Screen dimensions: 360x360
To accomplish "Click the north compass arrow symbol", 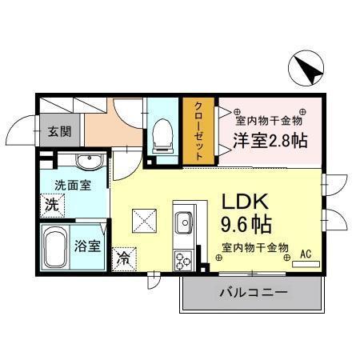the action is tap(306, 68).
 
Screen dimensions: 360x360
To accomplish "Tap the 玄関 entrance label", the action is tap(59, 131).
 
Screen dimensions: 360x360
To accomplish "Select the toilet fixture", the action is tap(162, 136).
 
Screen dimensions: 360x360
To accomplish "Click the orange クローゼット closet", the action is tap(198, 131).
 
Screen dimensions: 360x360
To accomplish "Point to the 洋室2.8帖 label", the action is tap(270, 141).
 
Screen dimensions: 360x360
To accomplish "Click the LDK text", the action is tap(245, 202).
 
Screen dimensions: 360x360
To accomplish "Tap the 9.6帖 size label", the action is tap(246, 225).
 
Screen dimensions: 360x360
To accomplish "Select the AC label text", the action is tap(306, 254).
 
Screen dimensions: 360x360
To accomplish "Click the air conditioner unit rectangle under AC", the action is tap(306, 264).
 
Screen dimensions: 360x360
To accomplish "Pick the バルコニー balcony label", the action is tap(254, 293).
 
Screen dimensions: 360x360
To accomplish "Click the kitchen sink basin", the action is tap(183, 222).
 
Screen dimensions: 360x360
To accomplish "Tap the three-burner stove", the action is tap(183, 261).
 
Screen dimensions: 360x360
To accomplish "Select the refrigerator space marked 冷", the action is tap(124, 259).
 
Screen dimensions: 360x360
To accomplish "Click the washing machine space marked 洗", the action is tap(52, 205).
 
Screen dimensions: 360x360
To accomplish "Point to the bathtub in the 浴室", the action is tap(55, 247).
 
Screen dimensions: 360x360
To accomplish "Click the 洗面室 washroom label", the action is tap(73, 186).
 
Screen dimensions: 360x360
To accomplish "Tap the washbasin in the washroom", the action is tap(89, 162).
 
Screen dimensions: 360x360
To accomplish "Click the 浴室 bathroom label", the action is tap(87, 246).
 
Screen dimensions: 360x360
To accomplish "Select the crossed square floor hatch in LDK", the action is tap(144, 221).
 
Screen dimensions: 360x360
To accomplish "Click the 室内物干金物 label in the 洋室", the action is tap(269, 121).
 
